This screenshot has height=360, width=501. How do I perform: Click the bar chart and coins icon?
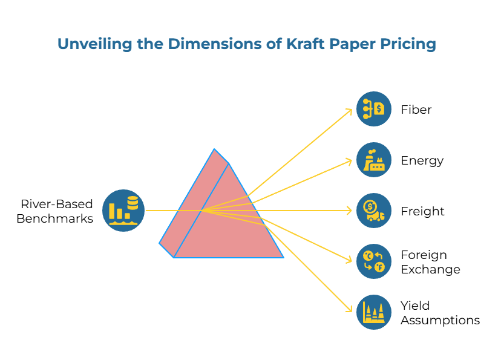tap(123, 211)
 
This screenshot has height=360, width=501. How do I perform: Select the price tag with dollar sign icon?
tap(374, 109)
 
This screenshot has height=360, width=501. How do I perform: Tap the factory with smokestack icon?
tap(374, 160)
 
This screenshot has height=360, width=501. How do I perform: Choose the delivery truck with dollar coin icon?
tap(374, 211)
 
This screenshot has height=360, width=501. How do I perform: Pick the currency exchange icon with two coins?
tap(374, 261)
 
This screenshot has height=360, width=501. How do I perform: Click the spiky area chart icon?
tap(374, 312)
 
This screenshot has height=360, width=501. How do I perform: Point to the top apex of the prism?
tap(214, 149)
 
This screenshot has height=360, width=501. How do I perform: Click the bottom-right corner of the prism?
tap(283, 257)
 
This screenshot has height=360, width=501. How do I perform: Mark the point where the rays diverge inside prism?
tap(202, 211)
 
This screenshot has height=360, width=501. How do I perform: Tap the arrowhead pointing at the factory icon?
tap(350, 160)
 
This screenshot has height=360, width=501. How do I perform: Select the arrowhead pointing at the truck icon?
tap(350, 211)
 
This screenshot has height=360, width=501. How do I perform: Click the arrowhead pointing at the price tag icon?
tap(350, 110)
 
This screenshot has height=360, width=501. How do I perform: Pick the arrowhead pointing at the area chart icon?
tap(350, 310)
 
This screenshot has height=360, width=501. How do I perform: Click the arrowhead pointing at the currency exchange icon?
tap(350, 261)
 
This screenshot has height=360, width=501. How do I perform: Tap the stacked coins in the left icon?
tap(133, 203)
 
